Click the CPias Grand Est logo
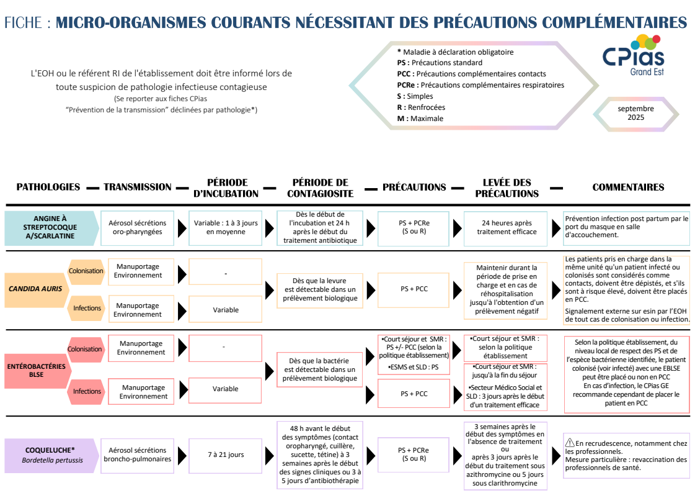(x=634, y=55)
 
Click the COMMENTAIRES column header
(x=628, y=187)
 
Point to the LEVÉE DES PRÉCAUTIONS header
(x=507, y=188)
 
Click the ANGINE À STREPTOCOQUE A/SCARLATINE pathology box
(x=50, y=227)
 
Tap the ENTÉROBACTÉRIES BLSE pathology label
(x=36, y=370)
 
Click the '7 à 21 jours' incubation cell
(x=226, y=455)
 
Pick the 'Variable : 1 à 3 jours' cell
(x=226, y=227)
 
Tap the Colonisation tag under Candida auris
(x=86, y=271)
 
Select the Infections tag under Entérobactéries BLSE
(x=87, y=391)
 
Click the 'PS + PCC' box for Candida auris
(x=414, y=288)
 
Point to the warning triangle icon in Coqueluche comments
(x=570, y=443)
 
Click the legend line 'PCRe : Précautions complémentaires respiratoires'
(x=480, y=85)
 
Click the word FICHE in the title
(x=22, y=23)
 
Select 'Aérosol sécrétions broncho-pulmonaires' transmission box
(x=137, y=455)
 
